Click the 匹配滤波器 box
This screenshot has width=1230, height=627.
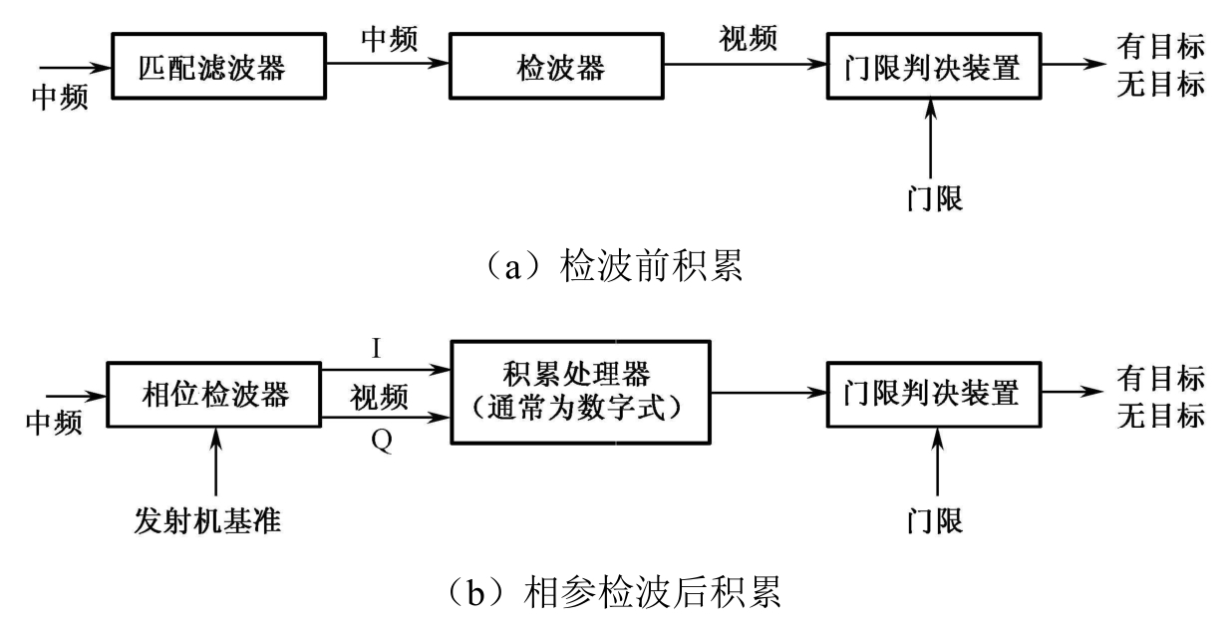pyautogui.click(x=211, y=68)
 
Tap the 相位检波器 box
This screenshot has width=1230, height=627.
pyautogui.click(x=213, y=396)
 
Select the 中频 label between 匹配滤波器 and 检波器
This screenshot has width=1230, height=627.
pyautogui.click(x=388, y=38)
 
